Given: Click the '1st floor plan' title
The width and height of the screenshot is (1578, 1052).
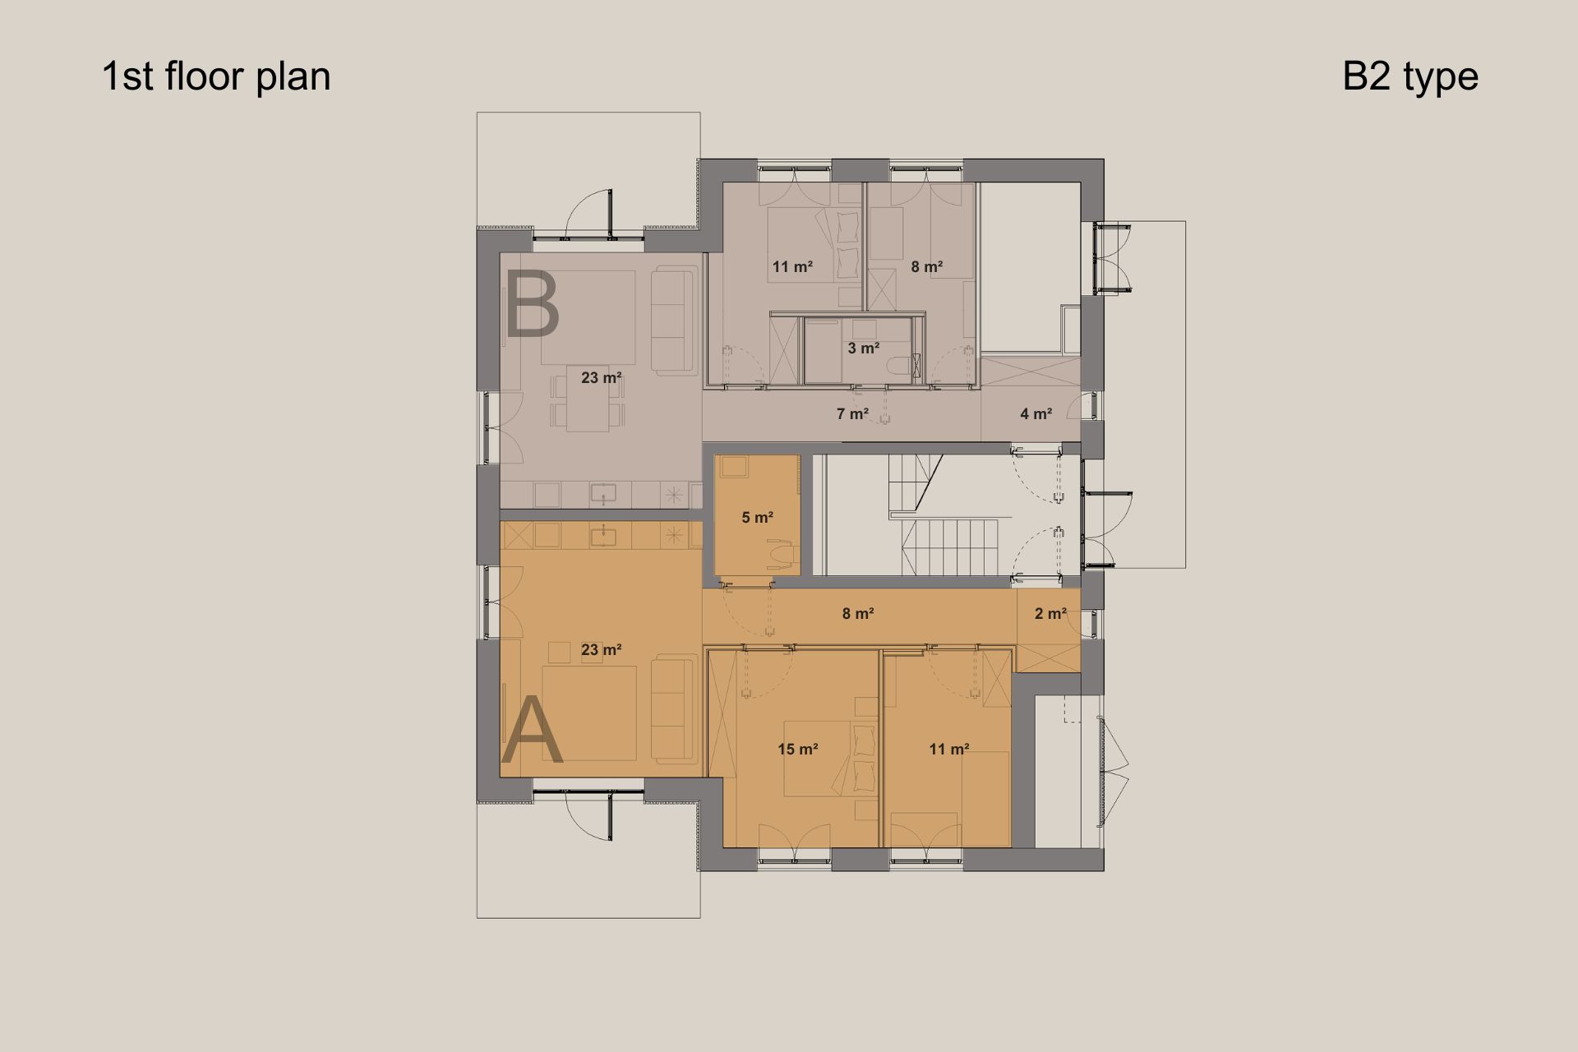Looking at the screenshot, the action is point(216,76).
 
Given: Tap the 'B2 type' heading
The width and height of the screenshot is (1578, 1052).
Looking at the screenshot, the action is point(1410,76).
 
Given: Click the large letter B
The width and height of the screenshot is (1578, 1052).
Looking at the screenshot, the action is point(532,305).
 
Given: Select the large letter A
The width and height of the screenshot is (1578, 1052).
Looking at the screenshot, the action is point(532,730).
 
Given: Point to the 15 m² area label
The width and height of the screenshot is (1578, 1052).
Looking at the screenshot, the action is point(797,749).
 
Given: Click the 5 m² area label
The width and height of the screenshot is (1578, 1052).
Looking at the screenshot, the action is point(757,517).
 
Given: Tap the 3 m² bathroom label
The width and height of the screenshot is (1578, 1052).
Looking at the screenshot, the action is point(863,348).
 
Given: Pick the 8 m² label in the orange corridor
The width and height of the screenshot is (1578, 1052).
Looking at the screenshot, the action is point(857,613).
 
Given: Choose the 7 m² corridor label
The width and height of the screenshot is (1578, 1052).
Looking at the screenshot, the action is point(852,413).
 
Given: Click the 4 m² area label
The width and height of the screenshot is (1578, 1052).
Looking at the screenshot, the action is point(1036,413).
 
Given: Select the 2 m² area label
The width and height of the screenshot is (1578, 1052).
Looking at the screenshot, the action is point(1050,613).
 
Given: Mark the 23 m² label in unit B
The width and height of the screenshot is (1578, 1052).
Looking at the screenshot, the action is point(601,378).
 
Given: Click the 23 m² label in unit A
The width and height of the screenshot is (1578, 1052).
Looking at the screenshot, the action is point(601,649).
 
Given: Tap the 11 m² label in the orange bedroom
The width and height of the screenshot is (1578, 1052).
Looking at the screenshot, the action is point(949,749).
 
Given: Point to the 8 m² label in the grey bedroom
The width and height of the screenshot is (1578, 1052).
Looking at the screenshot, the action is point(926,266).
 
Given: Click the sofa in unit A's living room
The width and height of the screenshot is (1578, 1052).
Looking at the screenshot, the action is point(674,708).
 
